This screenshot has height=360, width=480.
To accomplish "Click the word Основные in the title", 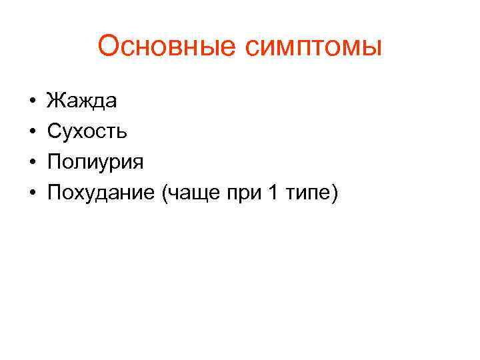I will click(x=167, y=47).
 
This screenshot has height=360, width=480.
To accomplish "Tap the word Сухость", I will click(x=87, y=131).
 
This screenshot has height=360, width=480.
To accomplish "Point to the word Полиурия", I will click(x=95, y=162).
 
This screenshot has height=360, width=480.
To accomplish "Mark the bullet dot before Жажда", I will click(x=32, y=101).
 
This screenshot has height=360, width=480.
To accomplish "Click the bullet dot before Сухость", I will click(x=32, y=132).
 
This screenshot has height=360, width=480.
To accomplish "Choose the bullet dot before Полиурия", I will click(x=32, y=163).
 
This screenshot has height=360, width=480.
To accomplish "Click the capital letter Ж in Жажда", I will click(x=54, y=101).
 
